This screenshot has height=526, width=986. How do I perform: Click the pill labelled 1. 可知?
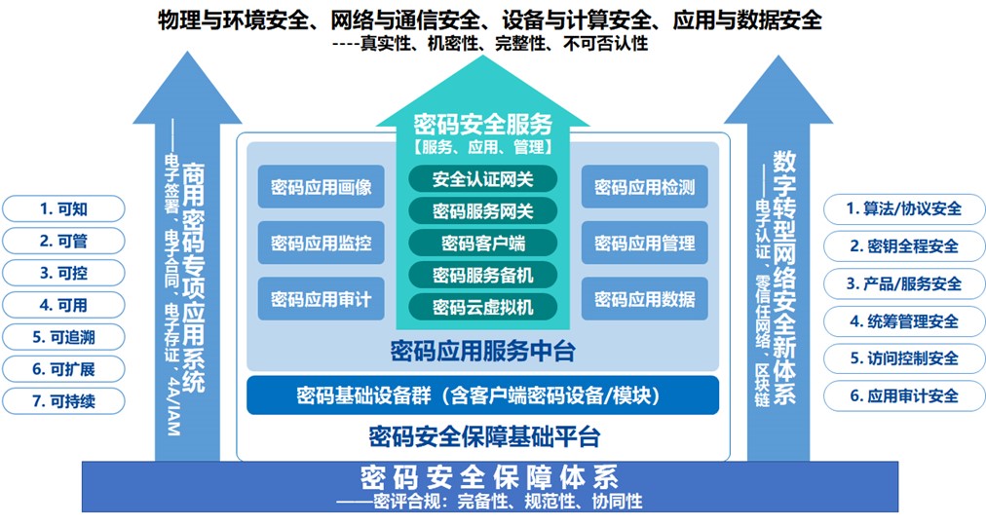coord(63,208)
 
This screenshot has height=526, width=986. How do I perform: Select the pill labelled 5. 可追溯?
coord(63,337)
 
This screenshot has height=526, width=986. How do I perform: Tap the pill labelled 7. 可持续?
coord(63,401)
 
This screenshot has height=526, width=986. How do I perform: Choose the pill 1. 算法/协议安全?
coord(904,208)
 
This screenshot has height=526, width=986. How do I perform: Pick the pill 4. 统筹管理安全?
coord(904,321)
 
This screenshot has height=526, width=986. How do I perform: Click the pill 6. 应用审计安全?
coord(904,395)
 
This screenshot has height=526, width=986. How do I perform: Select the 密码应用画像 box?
coord(322,187)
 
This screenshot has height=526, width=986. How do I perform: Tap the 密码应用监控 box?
coord(322,243)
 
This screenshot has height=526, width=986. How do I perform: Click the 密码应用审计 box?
coord(322,298)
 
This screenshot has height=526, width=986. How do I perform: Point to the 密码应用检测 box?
coord(645,187)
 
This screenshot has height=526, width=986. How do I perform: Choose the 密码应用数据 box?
coord(645,298)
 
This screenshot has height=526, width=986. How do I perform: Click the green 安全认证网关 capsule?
coord(483,179)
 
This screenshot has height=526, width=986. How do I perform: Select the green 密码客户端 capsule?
coord(483,244)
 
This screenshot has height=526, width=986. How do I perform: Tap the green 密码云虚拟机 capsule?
coord(483,307)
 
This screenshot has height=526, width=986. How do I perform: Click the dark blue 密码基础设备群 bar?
coord(482,395)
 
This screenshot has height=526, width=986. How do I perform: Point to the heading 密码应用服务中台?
coord(483,351)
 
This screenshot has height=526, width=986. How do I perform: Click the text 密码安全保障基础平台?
coord(484,436)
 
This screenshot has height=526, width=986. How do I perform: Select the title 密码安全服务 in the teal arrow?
coord(483,125)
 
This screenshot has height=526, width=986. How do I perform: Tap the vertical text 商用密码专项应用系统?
coord(193,278)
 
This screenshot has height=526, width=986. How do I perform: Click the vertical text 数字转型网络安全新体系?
coord(784,278)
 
